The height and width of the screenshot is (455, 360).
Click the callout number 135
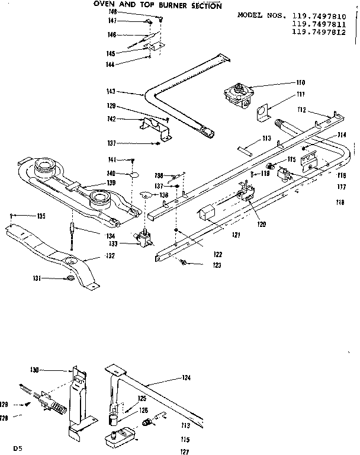coord(41,216)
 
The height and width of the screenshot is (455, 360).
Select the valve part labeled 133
coord(144,239)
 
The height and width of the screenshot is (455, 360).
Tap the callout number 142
coord(127,120)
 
